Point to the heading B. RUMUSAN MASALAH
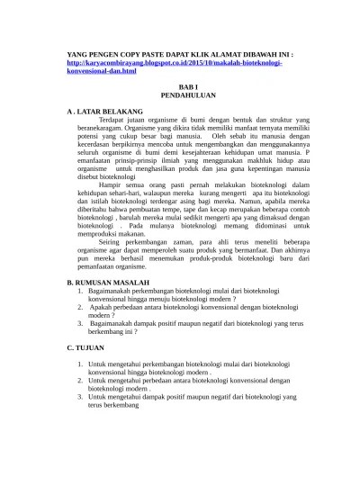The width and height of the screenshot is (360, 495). tap(115, 282)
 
